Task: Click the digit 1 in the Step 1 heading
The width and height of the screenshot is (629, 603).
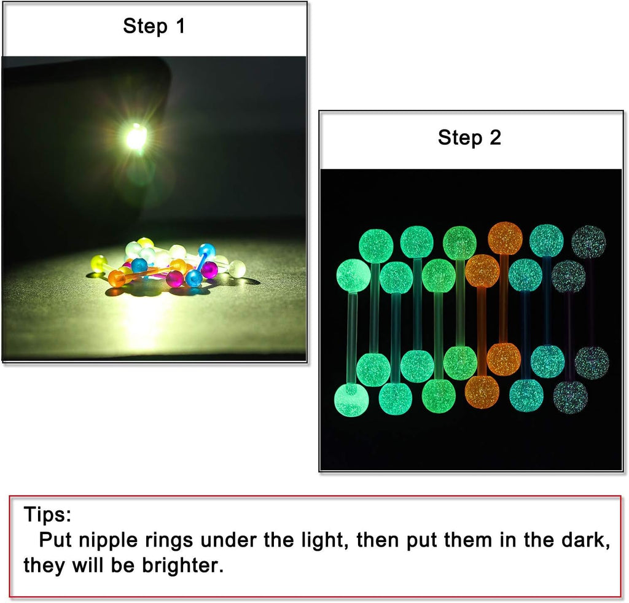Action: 180,26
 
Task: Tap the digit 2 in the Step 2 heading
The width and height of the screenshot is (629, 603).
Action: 496,138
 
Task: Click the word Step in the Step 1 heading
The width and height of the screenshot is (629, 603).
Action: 145,26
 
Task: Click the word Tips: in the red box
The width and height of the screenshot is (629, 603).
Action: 47,514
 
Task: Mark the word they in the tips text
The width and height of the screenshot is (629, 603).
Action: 43,566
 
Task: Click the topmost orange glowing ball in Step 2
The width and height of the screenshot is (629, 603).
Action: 505,238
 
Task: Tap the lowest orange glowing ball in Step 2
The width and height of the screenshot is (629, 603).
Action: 482,391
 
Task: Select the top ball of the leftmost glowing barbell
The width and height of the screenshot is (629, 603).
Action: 353,276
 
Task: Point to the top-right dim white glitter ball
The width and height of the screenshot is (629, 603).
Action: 588,242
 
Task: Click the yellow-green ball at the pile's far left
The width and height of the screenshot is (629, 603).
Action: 99,264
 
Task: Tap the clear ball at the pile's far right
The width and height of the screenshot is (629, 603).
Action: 239,268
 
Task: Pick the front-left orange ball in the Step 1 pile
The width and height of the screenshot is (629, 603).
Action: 117,278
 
